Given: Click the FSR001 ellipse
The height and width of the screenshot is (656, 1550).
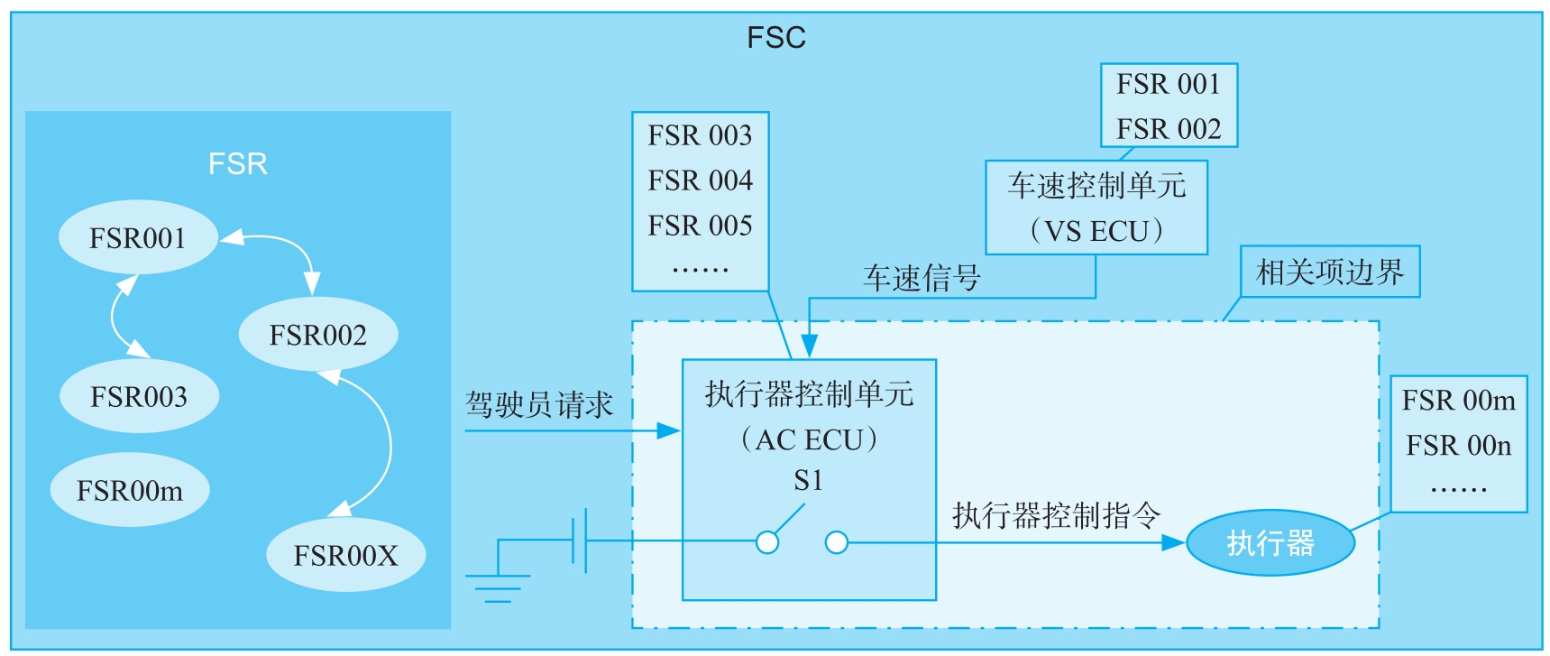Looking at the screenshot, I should pos(138,237).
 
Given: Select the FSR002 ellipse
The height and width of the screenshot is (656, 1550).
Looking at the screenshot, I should pos(317,335).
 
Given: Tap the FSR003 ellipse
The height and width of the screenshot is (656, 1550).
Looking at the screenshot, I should pos(139,396).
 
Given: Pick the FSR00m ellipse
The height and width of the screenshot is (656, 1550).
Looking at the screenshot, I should pos(130,490).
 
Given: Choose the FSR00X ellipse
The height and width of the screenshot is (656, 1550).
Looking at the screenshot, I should pos(345,554).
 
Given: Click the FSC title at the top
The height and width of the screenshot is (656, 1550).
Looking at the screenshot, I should pos(776,38).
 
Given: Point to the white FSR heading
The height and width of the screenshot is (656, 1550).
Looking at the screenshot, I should pos(238,163).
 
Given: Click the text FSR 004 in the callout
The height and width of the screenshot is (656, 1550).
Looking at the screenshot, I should pos(700,180).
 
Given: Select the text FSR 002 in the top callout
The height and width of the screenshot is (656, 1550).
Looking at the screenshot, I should pos(1169,129).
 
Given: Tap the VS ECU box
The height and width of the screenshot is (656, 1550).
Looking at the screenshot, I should pos(1096,208).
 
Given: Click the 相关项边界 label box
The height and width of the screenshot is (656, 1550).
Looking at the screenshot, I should pos(1330,272).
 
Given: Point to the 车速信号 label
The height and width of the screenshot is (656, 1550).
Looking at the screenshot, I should pos(922,277).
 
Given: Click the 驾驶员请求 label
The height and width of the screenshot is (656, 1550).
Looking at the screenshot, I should pos(539,404).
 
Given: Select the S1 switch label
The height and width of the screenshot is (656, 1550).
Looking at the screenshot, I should pos(808,480).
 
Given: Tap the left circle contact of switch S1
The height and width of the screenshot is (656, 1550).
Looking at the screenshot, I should pos(767,542).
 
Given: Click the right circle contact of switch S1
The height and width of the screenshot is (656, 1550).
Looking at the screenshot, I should pos(837,542).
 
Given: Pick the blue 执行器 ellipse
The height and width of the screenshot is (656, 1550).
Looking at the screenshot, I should pos(1270,543).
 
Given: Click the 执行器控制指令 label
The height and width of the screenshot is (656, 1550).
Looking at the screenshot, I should pos(1056,515).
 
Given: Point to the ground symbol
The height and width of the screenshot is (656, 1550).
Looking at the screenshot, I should pos(498,582).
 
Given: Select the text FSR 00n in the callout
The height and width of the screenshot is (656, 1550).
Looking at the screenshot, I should pos(1458,445).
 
